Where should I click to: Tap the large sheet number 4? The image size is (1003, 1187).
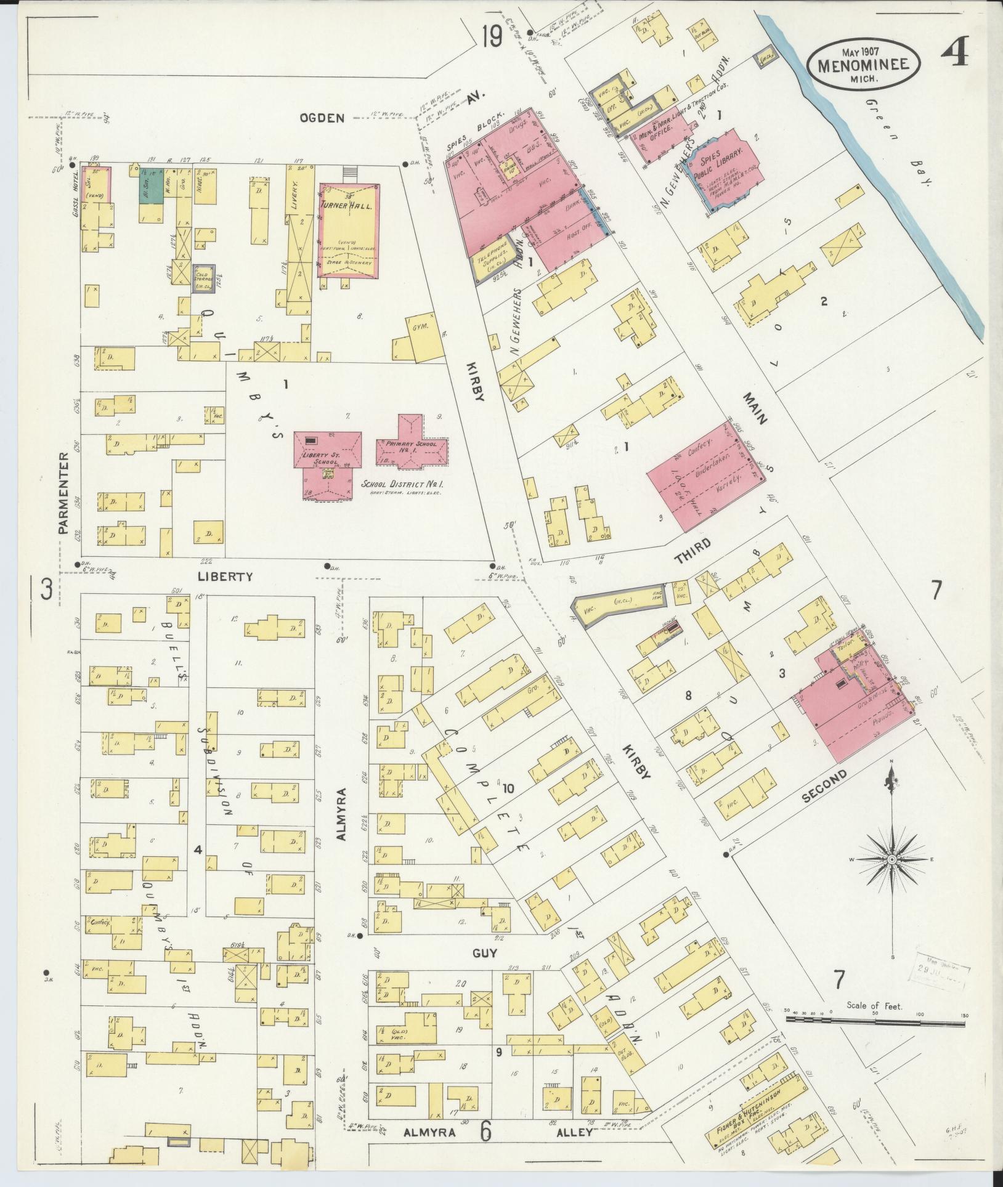tap(954, 52)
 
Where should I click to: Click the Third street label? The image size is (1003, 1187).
tap(692, 550)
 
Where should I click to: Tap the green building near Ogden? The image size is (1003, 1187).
tap(150, 183)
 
